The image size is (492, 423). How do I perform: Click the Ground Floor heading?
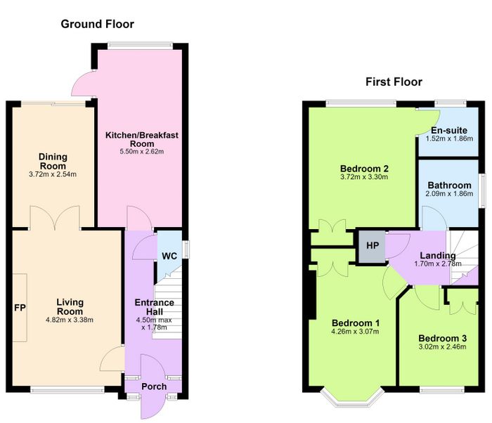coord(97,24)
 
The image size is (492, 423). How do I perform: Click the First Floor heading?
coord(394,82)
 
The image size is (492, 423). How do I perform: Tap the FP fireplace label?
coord(20,308)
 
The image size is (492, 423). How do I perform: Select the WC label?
coord(169,256)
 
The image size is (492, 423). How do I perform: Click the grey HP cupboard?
coord(372,247)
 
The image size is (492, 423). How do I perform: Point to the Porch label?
coord(154,386)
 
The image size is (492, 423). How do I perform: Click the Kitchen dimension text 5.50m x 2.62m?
coord(142,152)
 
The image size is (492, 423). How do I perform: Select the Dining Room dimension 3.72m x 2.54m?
coord(53,174)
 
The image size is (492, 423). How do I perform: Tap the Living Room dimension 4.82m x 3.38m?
coord(70,320)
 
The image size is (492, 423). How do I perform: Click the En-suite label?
coord(449,130)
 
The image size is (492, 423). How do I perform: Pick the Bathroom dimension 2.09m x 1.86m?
coord(449,194)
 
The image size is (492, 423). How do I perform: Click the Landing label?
coord(438,256)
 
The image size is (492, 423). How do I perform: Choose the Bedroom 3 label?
coord(442,338)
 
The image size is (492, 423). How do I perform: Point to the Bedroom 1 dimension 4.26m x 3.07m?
coord(355,332)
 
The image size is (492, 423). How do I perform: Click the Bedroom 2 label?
coord(364,169)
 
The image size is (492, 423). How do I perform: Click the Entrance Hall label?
coord(155,307)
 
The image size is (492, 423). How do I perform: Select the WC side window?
coord(186,249)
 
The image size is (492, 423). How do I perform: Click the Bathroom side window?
coord(482,190)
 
